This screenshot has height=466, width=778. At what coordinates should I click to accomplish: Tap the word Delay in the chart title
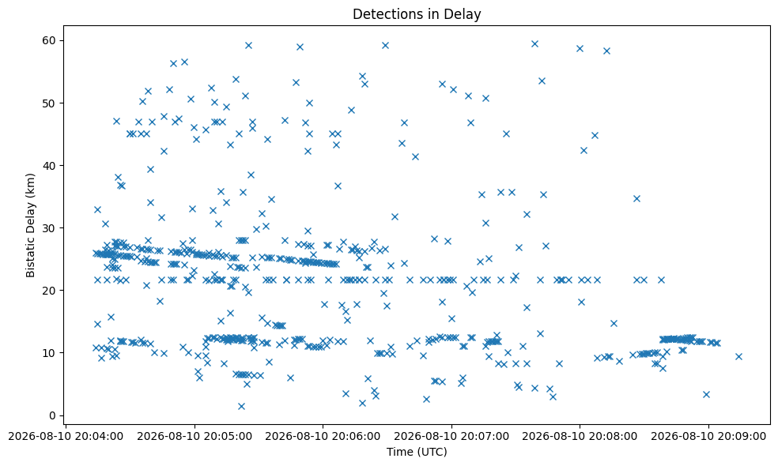pyautogui.click(x=466, y=14)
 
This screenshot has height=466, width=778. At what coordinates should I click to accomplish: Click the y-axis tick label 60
pyautogui.click(x=51, y=40)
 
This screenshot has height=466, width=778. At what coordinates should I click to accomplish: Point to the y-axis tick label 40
pyautogui.click(x=51, y=166)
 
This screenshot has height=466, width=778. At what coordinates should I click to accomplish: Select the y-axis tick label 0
pyautogui.click(x=54, y=415)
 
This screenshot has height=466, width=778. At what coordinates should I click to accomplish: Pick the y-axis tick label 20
pyautogui.click(x=51, y=291)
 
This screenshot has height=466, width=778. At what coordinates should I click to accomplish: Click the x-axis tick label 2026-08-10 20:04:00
pyautogui.click(x=66, y=436)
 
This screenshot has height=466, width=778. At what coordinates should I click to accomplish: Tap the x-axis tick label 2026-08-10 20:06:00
pyautogui.click(x=323, y=436)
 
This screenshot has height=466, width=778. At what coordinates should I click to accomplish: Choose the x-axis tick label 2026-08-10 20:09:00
pyautogui.click(x=708, y=436)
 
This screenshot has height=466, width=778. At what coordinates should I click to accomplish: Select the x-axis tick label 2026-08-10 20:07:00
pyautogui.click(x=451, y=436)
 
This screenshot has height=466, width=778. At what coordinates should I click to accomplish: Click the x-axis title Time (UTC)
pyautogui.click(x=417, y=452)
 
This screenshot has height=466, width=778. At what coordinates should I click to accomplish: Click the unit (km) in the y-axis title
pyautogui.click(x=31, y=183)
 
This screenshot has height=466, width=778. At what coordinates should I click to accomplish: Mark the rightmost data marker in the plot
pyautogui.click(x=738, y=356)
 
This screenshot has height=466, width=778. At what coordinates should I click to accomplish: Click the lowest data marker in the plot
pyautogui.click(x=241, y=406)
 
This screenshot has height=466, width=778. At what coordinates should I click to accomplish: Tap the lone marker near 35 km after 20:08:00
pyautogui.click(x=636, y=199)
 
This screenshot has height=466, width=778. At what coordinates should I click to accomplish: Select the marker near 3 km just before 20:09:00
pyautogui.click(x=706, y=395)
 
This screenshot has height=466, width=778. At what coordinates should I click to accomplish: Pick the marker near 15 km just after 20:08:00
pyautogui.click(x=614, y=323)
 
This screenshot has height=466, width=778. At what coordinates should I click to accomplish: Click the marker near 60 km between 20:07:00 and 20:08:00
pyautogui.click(x=534, y=44)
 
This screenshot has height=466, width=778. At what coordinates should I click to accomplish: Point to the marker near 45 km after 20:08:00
pyautogui.click(x=595, y=135)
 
